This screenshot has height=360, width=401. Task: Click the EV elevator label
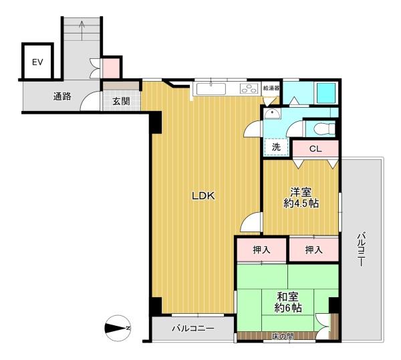click(x=37, y=62)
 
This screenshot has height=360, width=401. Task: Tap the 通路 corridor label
click(x=62, y=96)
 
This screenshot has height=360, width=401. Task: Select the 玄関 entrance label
click(x=121, y=102)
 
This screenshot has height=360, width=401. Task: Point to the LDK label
click(x=203, y=196)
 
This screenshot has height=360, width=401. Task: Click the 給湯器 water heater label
click(x=271, y=88)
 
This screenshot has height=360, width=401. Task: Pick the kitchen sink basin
click(x=211, y=88)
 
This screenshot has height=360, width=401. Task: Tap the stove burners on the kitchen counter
click(x=249, y=88)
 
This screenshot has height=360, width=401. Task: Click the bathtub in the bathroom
click(x=326, y=93)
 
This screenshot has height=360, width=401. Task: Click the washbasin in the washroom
click(x=273, y=114)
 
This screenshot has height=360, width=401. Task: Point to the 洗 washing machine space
click(x=276, y=147)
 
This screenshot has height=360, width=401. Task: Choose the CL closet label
click(x=315, y=149)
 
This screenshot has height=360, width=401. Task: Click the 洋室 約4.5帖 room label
click(x=301, y=197)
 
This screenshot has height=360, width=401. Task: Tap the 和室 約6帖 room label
click(x=288, y=302)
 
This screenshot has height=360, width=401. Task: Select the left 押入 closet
click(x=261, y=250)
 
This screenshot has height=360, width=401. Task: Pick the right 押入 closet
click(x=314, y=250)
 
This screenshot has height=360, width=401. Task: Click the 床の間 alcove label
click(x=283, y=336)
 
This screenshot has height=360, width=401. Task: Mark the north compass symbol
click(x=118, y=328)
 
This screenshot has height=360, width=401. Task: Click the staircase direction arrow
click(x=82, y=31)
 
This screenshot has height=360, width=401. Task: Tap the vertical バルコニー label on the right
click(x=361, y=249)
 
